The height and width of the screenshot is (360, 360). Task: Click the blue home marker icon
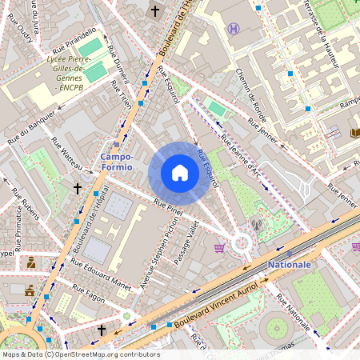click(180, 173)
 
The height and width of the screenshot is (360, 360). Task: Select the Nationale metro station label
click(289, 264)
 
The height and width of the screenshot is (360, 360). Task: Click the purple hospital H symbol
click(233, 29)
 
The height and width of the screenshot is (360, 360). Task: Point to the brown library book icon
click(355, 133)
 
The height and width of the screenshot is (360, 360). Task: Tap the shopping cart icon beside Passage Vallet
click(219, 248)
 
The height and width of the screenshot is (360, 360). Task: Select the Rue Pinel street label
click(169, 209)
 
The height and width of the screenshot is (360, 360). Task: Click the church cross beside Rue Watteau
click(78, 189)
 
